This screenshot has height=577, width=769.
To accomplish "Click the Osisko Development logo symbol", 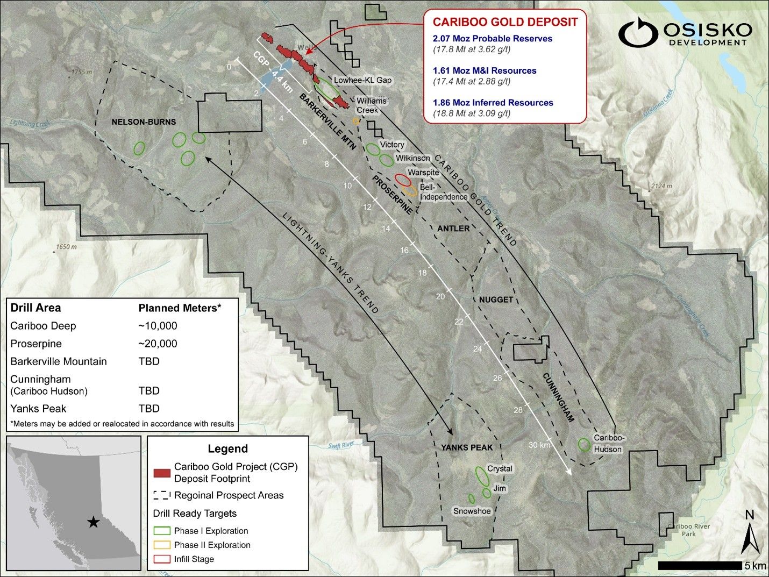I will [x=638, y=33].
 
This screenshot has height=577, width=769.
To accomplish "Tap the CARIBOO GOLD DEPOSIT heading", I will [x=505, y=22].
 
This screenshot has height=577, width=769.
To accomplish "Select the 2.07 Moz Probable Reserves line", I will [x=492, y=39].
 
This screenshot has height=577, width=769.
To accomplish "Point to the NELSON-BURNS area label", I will [x=144, y=122].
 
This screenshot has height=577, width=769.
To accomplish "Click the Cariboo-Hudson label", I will [x=608, y=444].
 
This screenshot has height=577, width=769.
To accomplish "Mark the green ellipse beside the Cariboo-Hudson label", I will [x=584, y=445].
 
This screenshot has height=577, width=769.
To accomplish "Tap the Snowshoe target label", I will [x=472, y=511].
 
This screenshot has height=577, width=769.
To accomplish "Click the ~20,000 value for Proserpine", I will [x=158, y=344].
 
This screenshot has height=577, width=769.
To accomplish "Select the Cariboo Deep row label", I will [x=43, y=326].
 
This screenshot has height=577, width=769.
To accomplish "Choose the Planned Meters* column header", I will [x=180, y=308].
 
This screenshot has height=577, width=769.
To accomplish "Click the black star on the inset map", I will [x=93, y=522].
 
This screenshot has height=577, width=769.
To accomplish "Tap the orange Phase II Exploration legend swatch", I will [x=162, y=545].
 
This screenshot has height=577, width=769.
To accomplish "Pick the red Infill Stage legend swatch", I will [x=162, y=559].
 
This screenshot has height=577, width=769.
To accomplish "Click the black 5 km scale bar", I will [x=700, y=566].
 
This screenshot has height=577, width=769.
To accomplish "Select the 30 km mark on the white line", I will [x=539, y=445].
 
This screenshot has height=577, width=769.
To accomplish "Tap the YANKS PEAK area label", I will [x=467, y=447].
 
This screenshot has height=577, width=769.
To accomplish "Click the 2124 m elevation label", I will [x=661, y=187].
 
